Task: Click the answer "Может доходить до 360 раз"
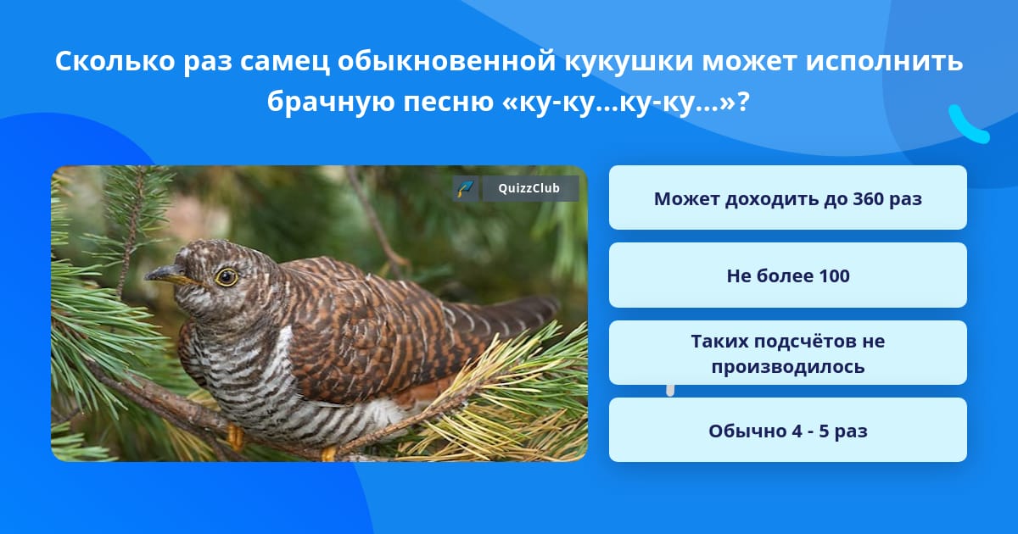pos(787,197)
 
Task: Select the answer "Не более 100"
pos(787,275)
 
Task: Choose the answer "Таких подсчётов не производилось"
pos(787,353)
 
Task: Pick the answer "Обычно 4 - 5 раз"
pos(787,430)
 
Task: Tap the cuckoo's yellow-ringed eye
pos(227,277)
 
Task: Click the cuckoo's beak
pos(167,273)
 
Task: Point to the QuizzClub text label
pos(529,188)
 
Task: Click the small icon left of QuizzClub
pos(466,188)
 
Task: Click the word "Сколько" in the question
pos(115,61)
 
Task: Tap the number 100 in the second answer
pos(833,276)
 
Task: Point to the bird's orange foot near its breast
pos(235,437)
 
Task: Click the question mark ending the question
pos(743,101)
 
